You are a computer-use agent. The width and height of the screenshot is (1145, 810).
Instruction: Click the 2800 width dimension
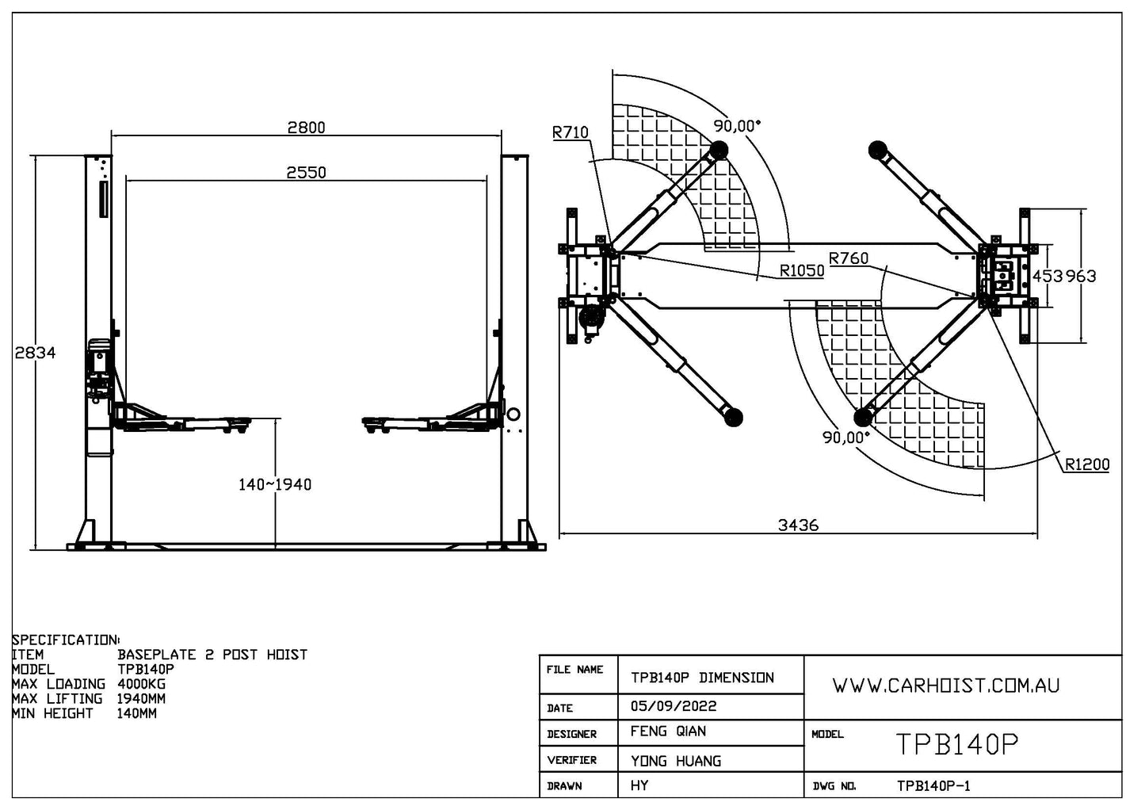pos(306,127)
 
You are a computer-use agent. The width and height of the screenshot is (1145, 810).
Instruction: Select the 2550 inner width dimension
pos(306,172)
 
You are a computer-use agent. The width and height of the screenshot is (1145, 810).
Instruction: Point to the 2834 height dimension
pos(36,353)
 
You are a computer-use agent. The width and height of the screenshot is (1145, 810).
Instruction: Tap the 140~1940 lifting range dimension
pos(275,484)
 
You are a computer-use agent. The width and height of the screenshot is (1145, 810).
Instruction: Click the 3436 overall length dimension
pos(798,525)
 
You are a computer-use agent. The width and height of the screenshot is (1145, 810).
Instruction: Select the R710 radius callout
pos(571,132)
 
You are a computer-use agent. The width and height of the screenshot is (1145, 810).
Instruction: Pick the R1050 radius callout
pos(802,270)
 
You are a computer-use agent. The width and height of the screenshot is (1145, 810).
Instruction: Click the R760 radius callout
pos(849,258)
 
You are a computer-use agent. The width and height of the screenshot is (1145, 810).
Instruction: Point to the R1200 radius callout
pos(1087,464)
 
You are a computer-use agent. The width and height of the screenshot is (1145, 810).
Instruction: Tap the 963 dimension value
pos(1081,276)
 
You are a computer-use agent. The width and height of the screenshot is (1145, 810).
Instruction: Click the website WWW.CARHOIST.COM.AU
pos(945,686)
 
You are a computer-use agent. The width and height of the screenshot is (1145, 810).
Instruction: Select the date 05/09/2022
pos(673,706)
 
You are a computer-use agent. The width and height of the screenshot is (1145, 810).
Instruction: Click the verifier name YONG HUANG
pos(675,761)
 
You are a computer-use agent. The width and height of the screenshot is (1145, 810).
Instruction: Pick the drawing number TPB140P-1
pos(933,786)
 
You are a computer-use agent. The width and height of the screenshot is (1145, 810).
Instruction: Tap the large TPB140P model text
pos(956,744)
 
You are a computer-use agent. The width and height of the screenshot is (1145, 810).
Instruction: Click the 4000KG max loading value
pos(142,684)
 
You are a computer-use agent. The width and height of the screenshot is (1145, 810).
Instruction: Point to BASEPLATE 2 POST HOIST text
pos(212,655)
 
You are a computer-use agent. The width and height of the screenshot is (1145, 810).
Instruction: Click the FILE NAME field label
pos(574,670)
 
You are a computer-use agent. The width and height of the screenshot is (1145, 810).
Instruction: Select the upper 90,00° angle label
pos(736,125)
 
